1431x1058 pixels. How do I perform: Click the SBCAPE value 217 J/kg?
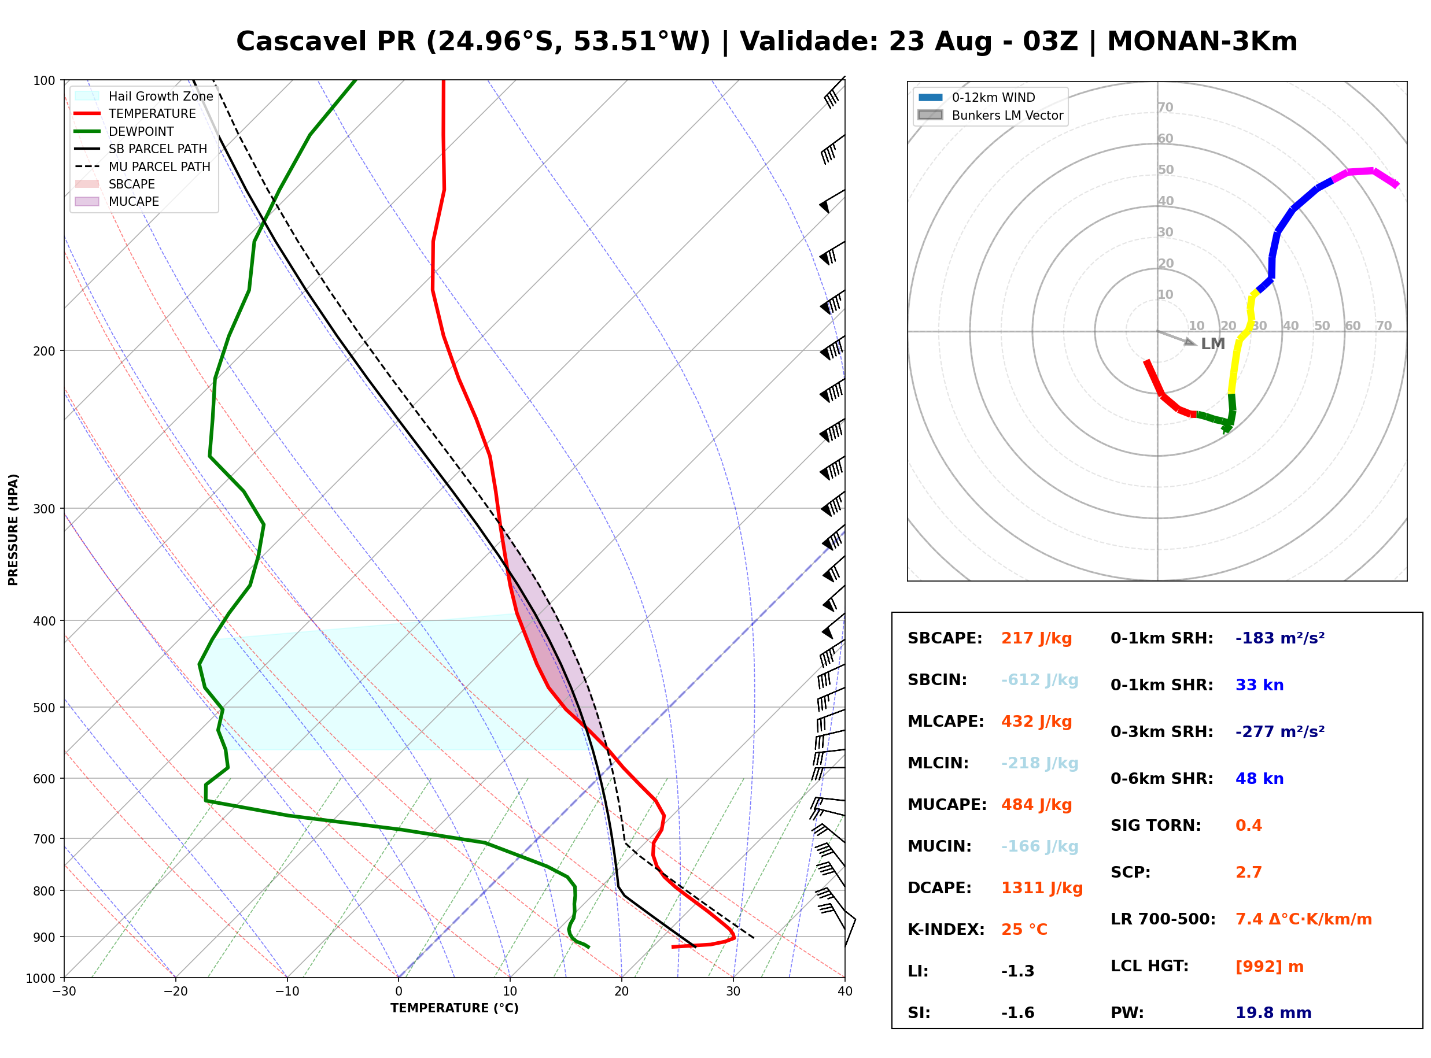coord(1036,638)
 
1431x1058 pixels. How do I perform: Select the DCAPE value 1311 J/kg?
coord(1042,888)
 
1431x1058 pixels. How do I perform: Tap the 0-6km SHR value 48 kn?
coord(1259,779)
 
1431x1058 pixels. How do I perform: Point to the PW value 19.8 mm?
coord(1274,1013)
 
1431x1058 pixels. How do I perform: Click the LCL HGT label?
coord(1149,965)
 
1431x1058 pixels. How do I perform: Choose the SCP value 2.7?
coord(1248,872)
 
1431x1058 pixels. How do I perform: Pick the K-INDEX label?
coord(946,930)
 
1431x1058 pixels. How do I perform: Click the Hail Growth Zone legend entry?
coord(143,96)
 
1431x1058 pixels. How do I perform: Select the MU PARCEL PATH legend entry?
coord(142,167)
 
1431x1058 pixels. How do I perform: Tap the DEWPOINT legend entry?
coord(124,131)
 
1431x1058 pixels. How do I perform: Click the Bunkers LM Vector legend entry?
coord(990,115)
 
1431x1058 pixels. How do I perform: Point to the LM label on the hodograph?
coord(1212,344)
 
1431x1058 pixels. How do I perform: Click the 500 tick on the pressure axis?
coord(44,708)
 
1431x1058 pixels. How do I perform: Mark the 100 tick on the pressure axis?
coord(44,80)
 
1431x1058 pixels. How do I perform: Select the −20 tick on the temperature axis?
coord(175,992)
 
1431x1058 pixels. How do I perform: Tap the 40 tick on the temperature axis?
coord(845,992)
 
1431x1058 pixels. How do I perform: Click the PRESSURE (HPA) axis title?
coord(13,529)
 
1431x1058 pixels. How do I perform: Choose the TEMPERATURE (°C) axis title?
coord(455,1008)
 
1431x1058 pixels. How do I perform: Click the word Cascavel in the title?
coord(301,42)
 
